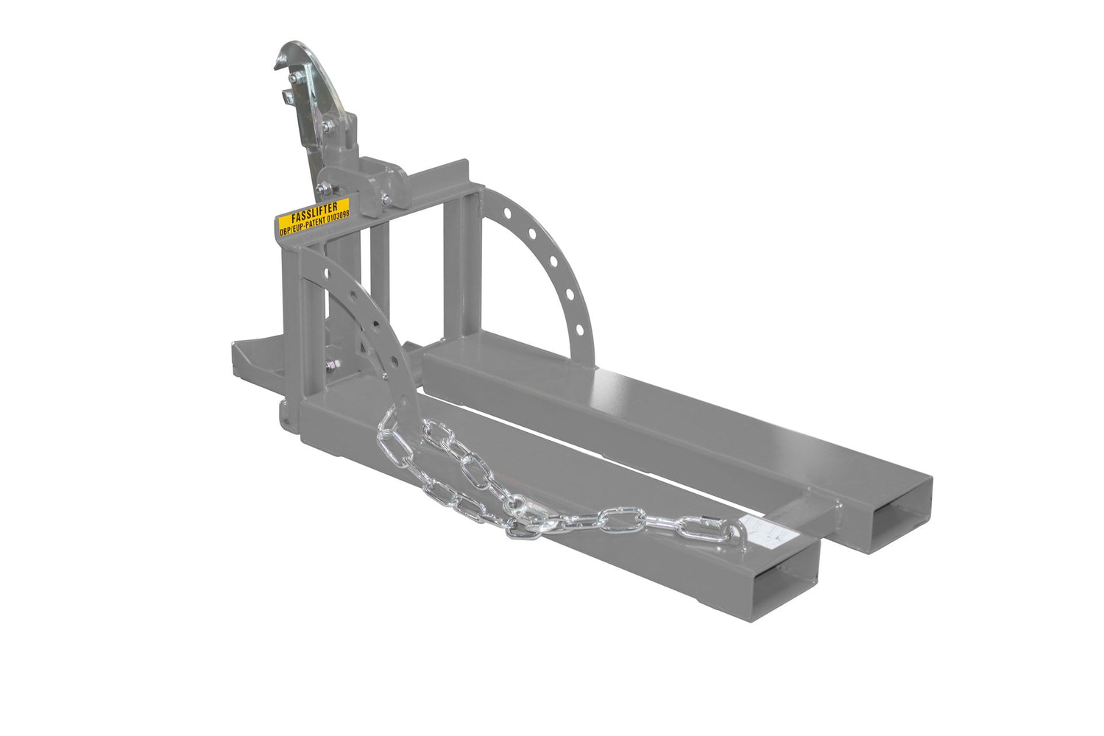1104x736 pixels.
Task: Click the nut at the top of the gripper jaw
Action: pyautogui.click(x=293, y=77)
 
